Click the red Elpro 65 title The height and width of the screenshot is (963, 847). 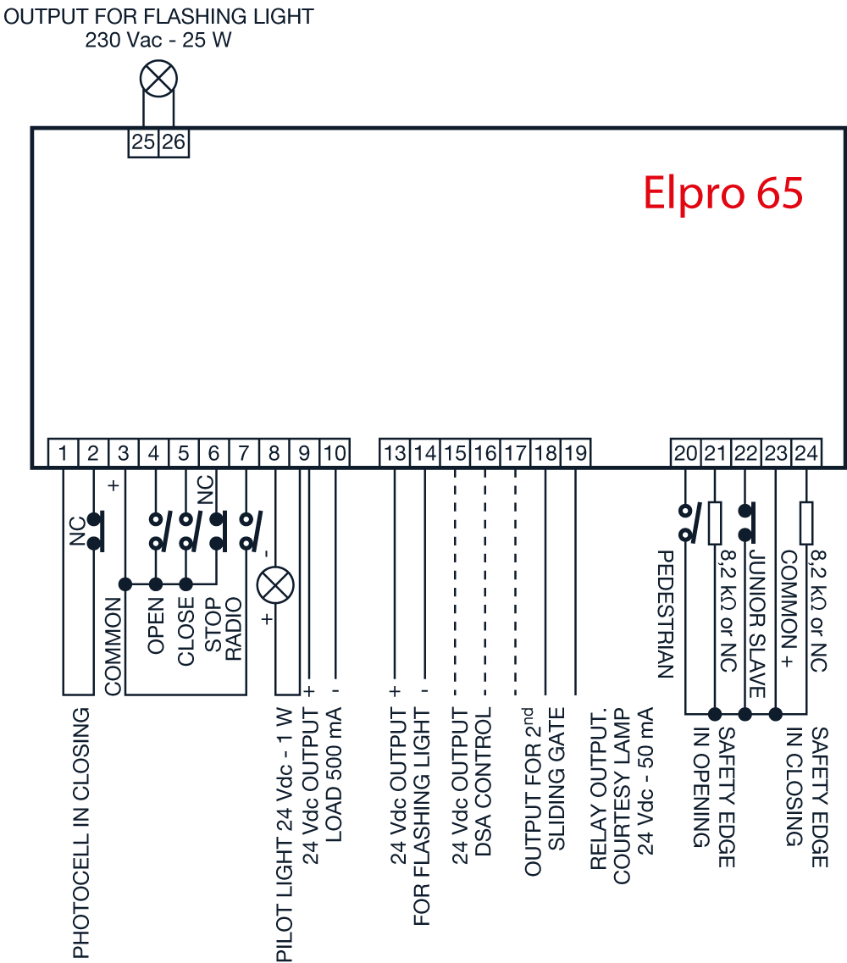(723, 192)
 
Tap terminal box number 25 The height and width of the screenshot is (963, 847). (143, 142)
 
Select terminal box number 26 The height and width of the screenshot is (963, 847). (174, 142)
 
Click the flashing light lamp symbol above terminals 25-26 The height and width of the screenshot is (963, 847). (158, 79)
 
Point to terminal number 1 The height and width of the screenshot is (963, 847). (63, 453)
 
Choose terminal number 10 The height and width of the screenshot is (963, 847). (335, 453)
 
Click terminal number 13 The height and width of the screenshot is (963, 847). (395, 453)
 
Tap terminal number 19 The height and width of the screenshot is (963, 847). (575, 453)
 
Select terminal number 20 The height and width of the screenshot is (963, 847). (685, 453)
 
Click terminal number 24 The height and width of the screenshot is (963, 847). (806, 453)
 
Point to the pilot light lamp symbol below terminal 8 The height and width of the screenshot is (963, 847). (275, 584)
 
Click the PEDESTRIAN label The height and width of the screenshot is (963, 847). (667, 614)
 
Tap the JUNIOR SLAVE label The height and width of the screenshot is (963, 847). (757, 623)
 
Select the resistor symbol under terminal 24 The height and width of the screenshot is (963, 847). (806, 523)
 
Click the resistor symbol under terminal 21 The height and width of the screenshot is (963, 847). (715, 523)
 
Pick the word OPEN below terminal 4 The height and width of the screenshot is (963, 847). (156, 625)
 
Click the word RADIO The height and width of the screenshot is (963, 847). (234, 629)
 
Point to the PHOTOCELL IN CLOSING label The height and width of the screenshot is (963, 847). (81, 833)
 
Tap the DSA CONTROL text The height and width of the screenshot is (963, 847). (484, 781)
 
